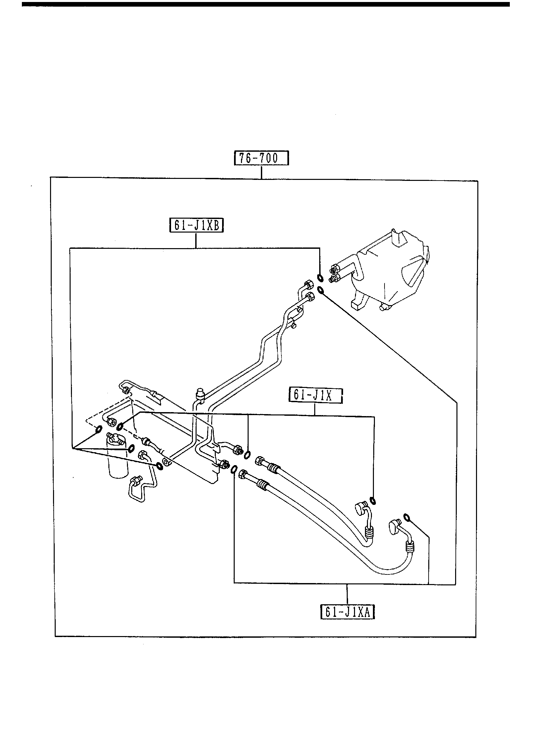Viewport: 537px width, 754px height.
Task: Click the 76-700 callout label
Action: [x=261, y=158]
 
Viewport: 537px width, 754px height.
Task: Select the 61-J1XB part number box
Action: [x=197, y=226]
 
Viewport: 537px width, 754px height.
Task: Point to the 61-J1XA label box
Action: [x=347, y=612]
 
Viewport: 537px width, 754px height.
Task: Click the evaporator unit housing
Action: [x=391, y=272]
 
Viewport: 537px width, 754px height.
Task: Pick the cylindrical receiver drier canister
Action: [x=117, y=464]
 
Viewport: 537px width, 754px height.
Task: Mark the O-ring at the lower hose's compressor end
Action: [x=407, y=526]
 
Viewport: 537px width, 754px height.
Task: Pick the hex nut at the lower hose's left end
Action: [x=243, y=474]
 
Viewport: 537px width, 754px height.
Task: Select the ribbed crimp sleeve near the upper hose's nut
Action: [x=272, y=468]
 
